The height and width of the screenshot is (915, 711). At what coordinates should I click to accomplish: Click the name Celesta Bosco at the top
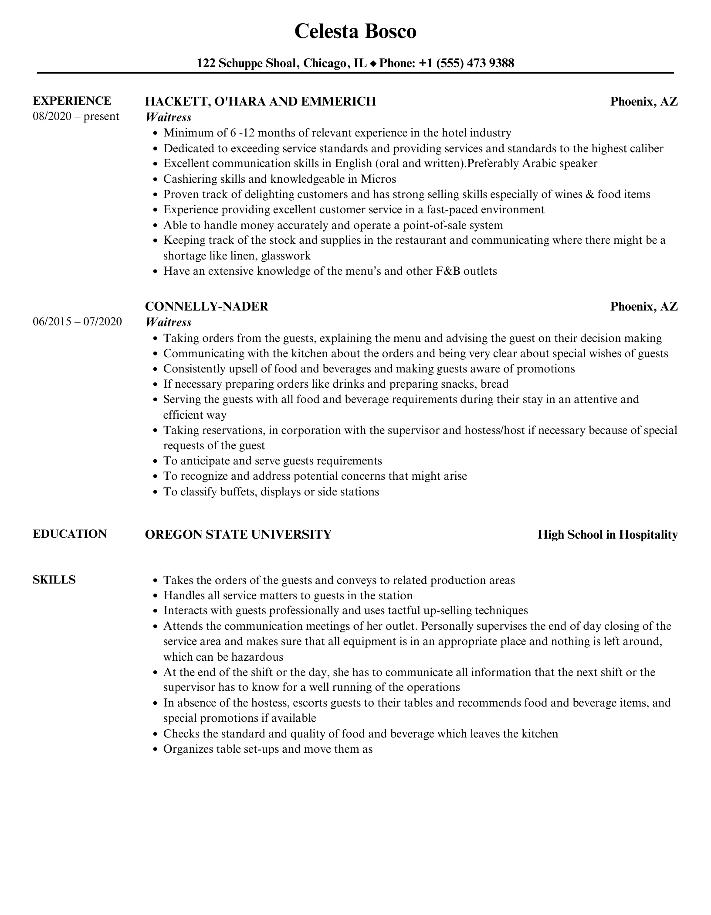[355, 31]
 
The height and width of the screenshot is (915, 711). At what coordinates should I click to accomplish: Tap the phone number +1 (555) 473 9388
[466, 63]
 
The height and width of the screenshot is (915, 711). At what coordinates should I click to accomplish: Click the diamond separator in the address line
[373, 64]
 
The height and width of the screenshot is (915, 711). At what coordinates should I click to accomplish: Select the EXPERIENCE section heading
[72, 101]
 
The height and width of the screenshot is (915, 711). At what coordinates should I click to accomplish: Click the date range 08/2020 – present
[76, 116]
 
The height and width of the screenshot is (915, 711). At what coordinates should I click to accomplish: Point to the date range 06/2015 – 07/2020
[77, 322]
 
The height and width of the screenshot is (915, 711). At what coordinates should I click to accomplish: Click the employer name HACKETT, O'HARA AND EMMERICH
[260, 102]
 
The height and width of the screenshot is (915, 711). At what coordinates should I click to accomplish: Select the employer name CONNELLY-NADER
[207, 307]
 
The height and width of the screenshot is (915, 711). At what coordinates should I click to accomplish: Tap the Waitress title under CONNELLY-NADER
[168, 322]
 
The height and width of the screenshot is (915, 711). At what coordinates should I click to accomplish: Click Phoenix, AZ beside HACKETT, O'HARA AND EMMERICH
[643, 102]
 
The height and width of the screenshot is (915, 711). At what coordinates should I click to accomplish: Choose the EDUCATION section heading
[70, 534]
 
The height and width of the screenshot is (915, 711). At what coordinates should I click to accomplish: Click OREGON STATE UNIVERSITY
[238, 535]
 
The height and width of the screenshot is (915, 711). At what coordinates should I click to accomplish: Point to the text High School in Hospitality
[607, 535]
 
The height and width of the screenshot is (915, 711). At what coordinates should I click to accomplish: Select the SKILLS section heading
[54, 580]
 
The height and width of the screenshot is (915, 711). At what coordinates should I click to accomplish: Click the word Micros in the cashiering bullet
[378, 179]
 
